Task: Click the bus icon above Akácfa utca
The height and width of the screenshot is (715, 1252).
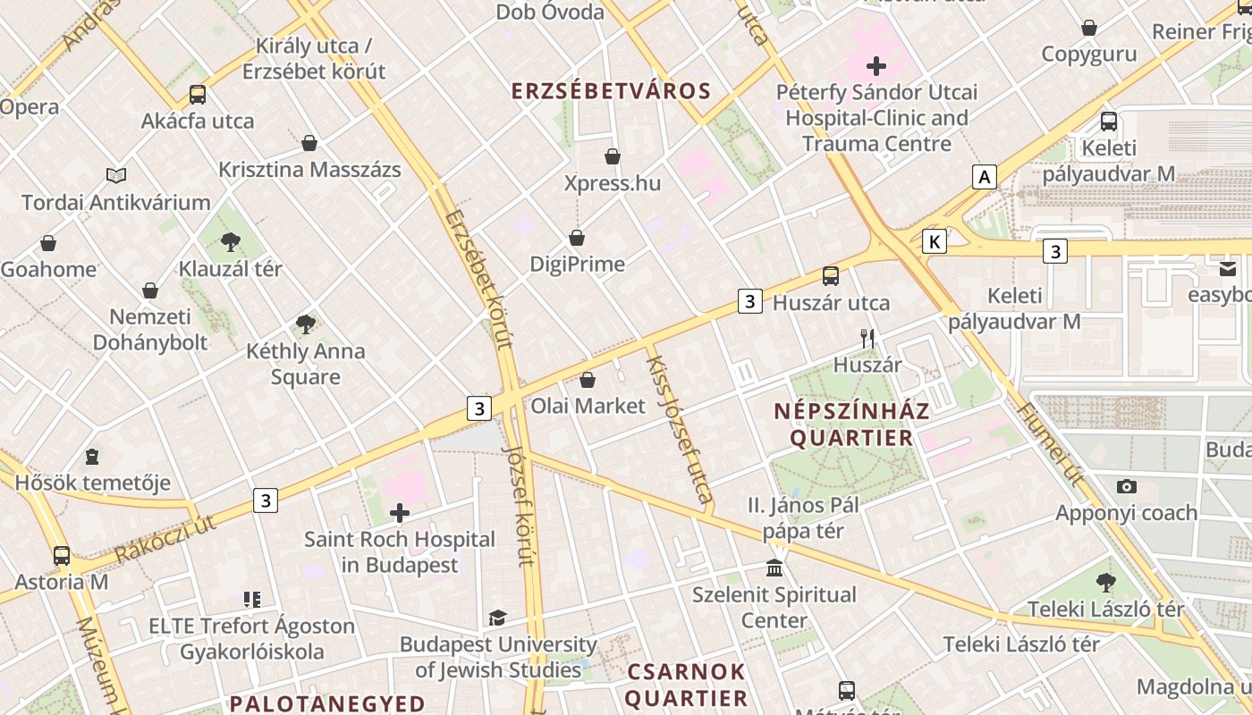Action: coord(198,95)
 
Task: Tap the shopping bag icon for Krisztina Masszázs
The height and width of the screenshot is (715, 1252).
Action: coord(309,143)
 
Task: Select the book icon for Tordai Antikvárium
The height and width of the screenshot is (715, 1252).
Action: coord(116,175)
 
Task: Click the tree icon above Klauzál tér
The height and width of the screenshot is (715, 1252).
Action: coord(231,241)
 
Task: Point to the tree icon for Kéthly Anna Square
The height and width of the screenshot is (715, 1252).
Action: coord(306,324)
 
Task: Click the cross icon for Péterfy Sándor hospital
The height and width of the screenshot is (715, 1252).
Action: coord(876,66)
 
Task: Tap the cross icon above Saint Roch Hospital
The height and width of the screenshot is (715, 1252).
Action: coord(400,513)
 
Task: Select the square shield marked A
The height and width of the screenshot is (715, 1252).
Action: coord(985,177)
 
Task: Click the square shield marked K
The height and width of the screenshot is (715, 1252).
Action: coord(935,241)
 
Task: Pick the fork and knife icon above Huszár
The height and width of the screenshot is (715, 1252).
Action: coord(867,338)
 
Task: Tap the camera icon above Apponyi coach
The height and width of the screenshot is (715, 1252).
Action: coord(1127,486)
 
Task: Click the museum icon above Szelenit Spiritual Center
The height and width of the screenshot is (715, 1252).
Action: coord(774,568)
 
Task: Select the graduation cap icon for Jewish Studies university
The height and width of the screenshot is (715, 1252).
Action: coord(498,618)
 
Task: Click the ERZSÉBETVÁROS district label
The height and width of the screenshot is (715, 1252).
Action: coord(611,91)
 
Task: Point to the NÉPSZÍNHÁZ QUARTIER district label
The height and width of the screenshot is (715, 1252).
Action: coord(851,425)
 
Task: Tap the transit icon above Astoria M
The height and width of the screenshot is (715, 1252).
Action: coord(62,555)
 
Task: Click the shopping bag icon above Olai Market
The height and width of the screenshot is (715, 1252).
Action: coord(588,380)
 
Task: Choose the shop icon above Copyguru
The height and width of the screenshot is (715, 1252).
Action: coord(1089,28)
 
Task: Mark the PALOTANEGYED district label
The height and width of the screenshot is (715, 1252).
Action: coord(326,702)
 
